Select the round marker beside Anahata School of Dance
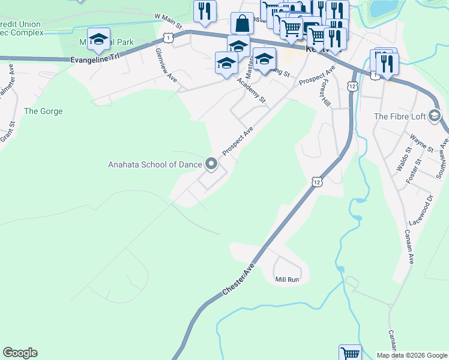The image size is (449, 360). point(211,163)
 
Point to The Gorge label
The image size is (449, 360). point(43,111)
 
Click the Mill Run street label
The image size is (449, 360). point(287,280)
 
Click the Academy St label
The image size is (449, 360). point(251,90)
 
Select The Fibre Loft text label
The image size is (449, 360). point(399,116)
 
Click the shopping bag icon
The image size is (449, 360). point(242,24)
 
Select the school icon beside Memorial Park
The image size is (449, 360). point(98,40)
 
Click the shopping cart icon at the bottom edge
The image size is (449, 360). point(350,353)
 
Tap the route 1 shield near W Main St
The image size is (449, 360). point(168,38)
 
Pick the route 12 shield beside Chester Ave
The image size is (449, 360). point(316,181)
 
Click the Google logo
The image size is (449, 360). point(20,353)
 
